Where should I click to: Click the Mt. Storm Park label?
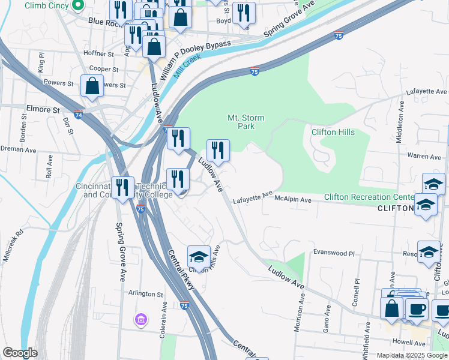coord(241,122)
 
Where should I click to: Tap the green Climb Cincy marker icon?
coord(77,6)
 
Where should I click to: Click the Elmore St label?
coord(43,110)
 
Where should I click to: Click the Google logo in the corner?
coord(20,353)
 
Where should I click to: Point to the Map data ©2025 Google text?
coord(412,355)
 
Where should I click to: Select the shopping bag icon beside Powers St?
coord(92,87)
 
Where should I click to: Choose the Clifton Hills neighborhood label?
coord(333,132)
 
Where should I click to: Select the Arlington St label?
coord(146,294)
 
